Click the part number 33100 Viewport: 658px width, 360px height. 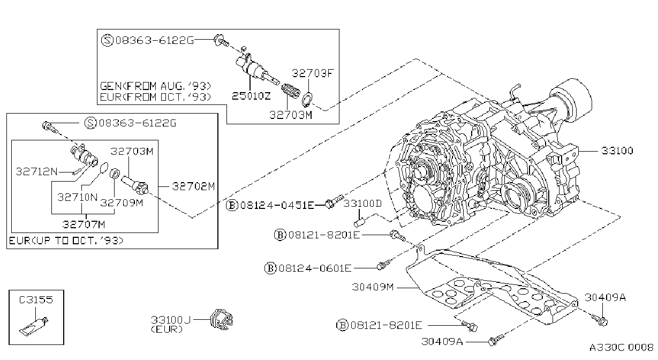pos(617,151)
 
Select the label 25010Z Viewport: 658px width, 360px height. pos(251,96)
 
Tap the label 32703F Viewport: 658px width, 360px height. pos(313,73)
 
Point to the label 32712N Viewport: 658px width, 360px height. pos(37,171)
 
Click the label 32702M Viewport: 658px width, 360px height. pos(194,186)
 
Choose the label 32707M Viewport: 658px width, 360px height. pos(84,224)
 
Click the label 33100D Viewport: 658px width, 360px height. pos(362,204)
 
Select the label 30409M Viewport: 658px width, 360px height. pos(373,287)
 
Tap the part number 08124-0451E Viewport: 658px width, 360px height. pos(277,205)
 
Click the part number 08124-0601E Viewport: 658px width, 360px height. pos(315,268)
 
